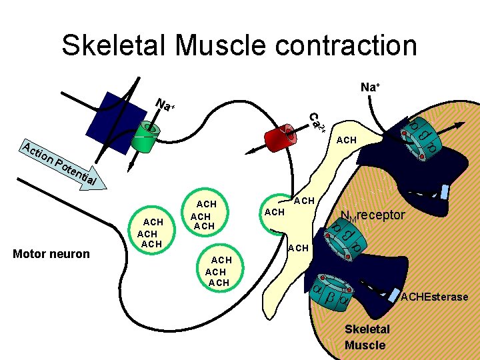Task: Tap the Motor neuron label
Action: click(51, 253)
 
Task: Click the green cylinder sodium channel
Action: click(147, 137)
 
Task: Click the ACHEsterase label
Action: click(434, 297)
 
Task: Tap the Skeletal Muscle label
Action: click(365, 337)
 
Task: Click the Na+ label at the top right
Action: click(371, 87)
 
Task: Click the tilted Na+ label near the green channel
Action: click(165, 105)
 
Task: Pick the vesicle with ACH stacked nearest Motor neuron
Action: click(149, 233)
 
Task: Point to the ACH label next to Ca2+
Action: click(347, 140)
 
